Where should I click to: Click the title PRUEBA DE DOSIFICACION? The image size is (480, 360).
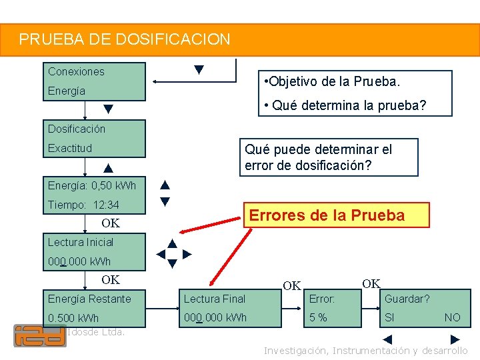point(125,39)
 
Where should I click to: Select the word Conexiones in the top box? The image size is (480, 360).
point(76,71)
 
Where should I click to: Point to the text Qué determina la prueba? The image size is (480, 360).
point(345,105)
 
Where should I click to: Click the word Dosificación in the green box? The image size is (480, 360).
point(76,129)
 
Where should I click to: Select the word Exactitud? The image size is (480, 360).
point(70,148)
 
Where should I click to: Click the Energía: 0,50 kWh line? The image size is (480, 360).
point(91,185)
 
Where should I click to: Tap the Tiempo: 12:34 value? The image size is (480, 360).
point(83,205)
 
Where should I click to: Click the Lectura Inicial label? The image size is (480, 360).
point(81,242)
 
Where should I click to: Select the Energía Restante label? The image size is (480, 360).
point(89,299)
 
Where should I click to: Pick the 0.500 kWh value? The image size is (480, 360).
point(73,318)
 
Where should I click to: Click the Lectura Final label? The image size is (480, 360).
point(215,299)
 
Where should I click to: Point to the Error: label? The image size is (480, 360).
point(322,299)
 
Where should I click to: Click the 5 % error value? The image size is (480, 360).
point(318,317)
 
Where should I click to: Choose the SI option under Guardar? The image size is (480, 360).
point(389,317)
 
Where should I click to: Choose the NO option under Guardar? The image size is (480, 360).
point(452,317)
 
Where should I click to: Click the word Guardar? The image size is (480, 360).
point(407,299)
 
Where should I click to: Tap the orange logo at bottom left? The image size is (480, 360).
point(40,335)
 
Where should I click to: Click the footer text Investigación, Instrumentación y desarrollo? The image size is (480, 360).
point(365,351)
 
